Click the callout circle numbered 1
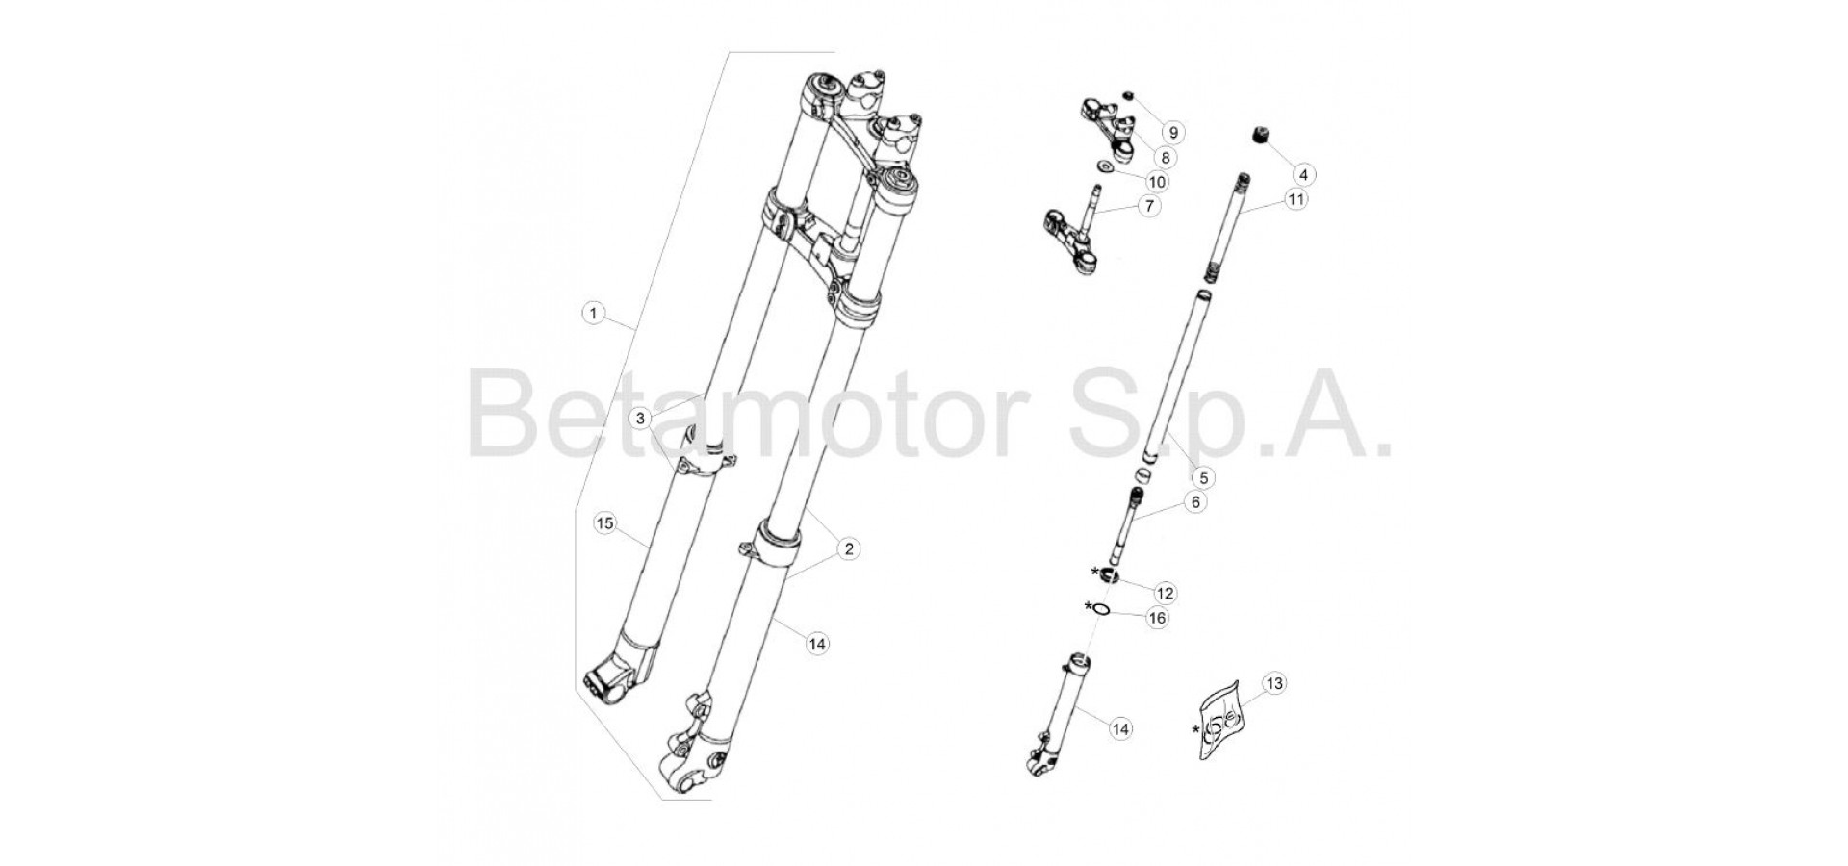click(x=594, y=313)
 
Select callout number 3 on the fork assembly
click(x=642, y=419)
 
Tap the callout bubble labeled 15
click(x=604, y=523)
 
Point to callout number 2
click(x=847, y=548)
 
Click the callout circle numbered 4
click(x=1303, y=174)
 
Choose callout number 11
click(x=1296, y=199)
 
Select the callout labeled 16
click(x=1157, y=618)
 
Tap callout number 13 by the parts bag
click(x=1274, y=683)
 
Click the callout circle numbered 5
click(x=1201, y=476)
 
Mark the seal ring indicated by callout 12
click(x=1108, y=576)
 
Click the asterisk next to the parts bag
click(x=1196, y=729)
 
